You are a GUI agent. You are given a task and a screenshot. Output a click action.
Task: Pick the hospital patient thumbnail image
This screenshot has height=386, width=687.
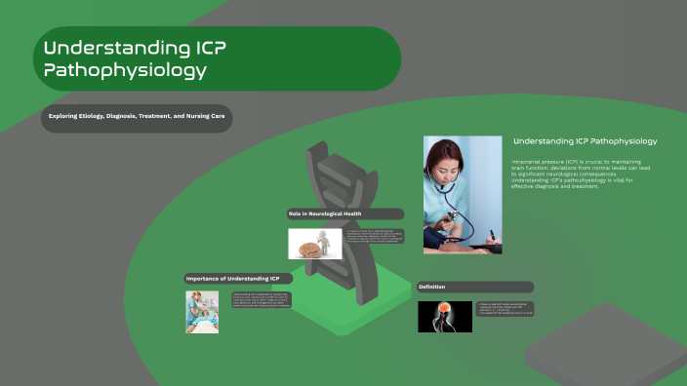pos(202,311)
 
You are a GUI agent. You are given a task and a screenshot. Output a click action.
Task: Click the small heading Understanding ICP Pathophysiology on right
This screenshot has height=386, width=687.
pos(585,141)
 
